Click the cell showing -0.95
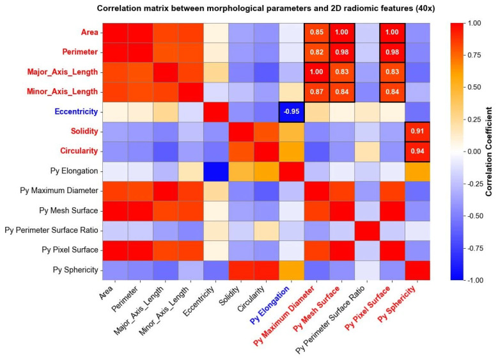292,112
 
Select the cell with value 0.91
417,132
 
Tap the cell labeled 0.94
417,152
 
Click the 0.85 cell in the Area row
316,33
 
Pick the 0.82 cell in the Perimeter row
316,52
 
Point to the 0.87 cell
316,92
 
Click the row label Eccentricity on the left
76,112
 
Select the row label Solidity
84,132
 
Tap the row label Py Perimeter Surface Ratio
51,230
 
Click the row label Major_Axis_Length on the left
63,72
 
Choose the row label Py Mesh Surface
68,210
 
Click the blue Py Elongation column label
270,305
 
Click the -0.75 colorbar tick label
474,248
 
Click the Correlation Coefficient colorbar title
488,152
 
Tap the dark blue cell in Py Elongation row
216,171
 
